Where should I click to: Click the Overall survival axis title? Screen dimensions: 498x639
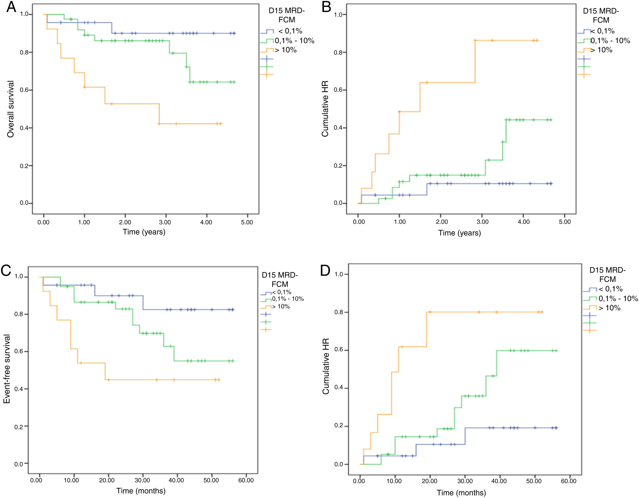click(x=11, y=109)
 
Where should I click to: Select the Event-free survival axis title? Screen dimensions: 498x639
click(x=7, y=369)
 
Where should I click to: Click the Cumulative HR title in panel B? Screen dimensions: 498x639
click(x=325, y=109)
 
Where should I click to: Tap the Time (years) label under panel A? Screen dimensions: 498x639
click(x=144, y=232)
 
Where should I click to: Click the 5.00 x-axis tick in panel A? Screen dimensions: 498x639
click(x=247, y=222)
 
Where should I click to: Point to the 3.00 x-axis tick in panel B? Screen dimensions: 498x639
click(x=482, y=222)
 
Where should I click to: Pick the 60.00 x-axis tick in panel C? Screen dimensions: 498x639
click(x=246, y=480)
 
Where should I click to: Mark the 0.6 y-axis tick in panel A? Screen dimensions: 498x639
click(x=24, y=90)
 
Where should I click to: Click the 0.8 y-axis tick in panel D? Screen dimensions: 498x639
click(x=339, y=312)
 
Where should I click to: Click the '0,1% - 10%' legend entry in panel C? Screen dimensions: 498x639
click(x=288, y=299)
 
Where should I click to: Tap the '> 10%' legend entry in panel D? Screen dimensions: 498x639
click(x=609, y=308)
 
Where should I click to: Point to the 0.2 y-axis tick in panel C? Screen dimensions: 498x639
click(x=19, y=427)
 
